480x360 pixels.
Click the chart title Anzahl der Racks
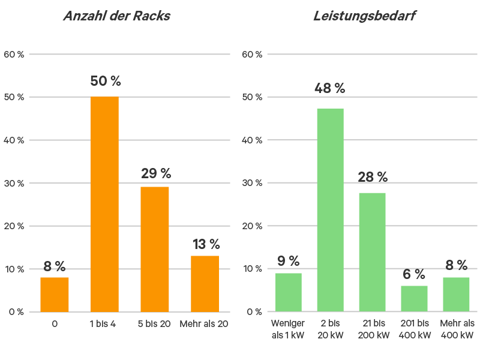click(117, 16)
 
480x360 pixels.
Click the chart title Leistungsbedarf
click(364, 16)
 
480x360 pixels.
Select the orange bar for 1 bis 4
click(104, 204)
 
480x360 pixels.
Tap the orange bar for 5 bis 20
click(155, 249)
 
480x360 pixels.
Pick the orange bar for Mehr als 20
click(205, 283)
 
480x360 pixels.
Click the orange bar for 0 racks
click(55, 294)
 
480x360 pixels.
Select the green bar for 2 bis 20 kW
click(330, 210)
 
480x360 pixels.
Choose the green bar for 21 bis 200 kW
click(372, 252)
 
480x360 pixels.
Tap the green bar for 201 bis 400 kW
click(414, 298)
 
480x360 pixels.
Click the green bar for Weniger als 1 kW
click(288, 292)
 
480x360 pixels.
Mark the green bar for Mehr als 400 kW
click(456, 294)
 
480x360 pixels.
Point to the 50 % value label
click(106, 82)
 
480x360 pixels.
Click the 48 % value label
click(329, 89)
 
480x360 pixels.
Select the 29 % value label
click(156, 174)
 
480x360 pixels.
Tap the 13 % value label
click(206, 244)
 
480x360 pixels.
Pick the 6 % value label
click(414, 274)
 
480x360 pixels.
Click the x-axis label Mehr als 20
click(205, 324)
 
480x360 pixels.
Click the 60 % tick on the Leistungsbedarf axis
click(252, 55)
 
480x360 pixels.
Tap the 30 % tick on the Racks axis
click(16, 183)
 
